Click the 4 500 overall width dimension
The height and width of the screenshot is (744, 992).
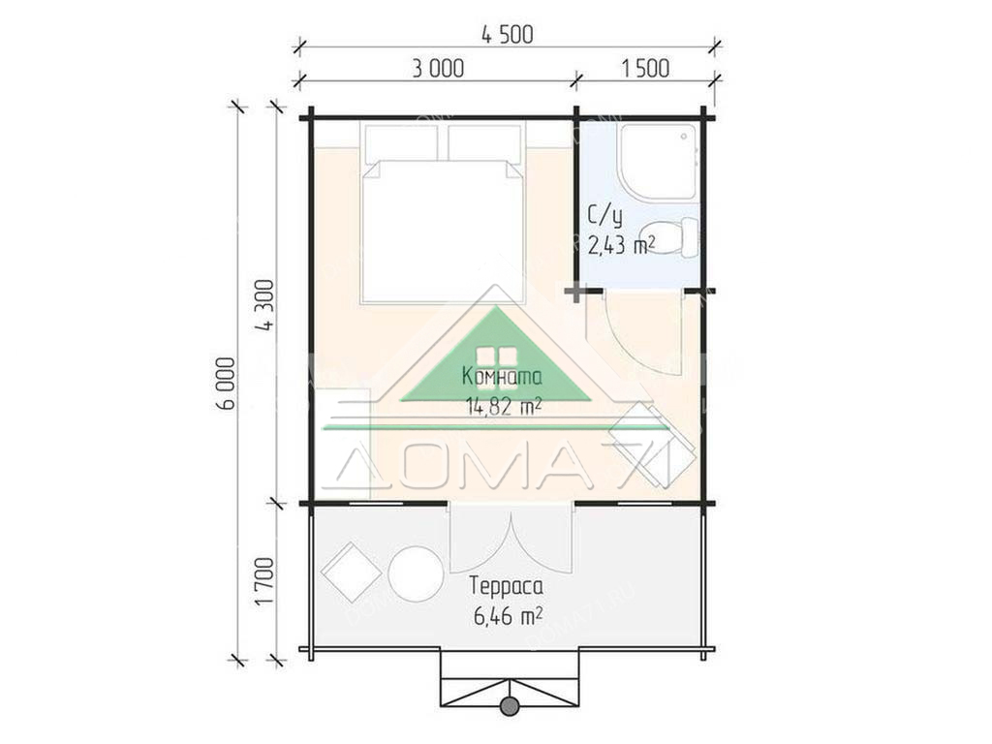point(508,34)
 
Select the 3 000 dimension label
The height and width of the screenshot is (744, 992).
point(438,69)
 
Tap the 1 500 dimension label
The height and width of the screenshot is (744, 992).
point(644,69)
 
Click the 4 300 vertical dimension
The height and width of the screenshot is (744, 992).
point(264,305)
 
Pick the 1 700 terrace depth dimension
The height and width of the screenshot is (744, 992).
point(264,581)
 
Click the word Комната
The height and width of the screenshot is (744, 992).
point(503,377)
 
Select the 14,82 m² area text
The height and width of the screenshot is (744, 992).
point(504,405)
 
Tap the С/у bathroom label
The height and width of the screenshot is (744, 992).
point(605,216)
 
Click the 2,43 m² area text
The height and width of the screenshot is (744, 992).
point(621,244)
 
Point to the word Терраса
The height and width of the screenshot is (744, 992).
point(506,586)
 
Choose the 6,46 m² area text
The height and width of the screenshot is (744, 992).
point(508,615)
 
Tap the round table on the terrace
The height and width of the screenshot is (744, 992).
point(416,573)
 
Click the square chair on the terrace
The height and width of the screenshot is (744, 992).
point(351,573)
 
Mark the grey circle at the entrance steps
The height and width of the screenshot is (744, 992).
point(510,706)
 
